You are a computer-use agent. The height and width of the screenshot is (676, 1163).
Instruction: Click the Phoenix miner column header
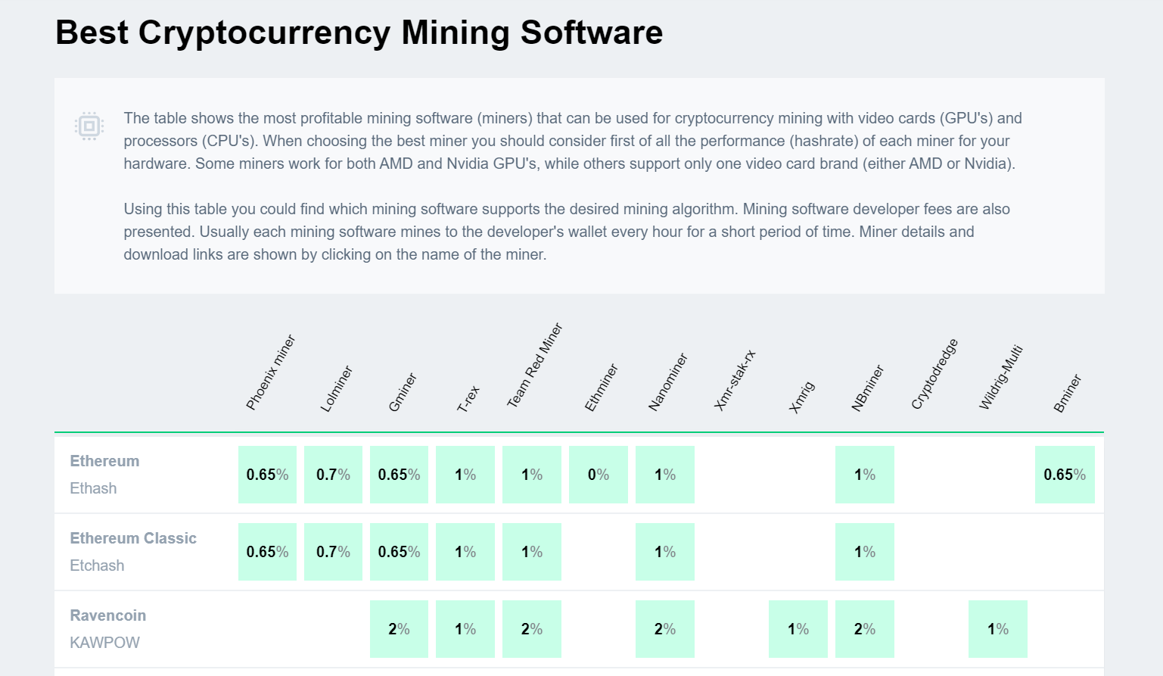click(x=270, y=372)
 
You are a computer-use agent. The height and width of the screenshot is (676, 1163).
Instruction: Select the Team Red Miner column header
click(x=534, y=366)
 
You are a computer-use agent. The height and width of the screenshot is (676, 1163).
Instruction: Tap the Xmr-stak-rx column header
click(x=734, y=380)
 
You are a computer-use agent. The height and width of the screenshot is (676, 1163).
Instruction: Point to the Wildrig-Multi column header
click(x=1000, y=377)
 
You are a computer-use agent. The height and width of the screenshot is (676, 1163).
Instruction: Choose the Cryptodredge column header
click(x=934, y=374)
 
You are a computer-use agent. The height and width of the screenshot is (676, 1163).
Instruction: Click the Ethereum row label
click(x=104, y=461)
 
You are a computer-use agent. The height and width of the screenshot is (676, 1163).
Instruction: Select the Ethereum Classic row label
click(x=133, y=538)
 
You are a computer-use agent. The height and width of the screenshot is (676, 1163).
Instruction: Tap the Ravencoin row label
click(x=108, y=615)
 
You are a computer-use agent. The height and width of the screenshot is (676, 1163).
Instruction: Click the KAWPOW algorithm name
click(x=104, y=643)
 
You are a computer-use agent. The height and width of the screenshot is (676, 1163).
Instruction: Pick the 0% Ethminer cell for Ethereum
click(x=598, y=475)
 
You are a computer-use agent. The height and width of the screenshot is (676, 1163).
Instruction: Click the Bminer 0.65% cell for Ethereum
click(x=1064, y=475)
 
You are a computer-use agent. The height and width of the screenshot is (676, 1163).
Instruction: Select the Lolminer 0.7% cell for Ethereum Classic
click(x=333, y=552)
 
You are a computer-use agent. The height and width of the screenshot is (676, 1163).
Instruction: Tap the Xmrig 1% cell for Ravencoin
click(x=798, y=629)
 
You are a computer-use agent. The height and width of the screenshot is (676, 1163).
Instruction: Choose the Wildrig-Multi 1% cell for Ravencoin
click(x=997, y=629)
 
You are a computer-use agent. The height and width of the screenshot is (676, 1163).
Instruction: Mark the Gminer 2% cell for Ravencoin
click(x=399, y=629)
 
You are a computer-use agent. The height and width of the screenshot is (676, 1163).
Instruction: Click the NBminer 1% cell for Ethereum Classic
click(x=864, y=552)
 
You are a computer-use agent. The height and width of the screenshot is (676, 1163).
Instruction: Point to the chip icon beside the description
click(x=89, y=126)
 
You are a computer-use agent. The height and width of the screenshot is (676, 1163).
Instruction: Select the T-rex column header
click(x=468, y=399)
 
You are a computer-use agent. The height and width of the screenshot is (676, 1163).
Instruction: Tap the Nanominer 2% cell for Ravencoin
click(x=664, y=629)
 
